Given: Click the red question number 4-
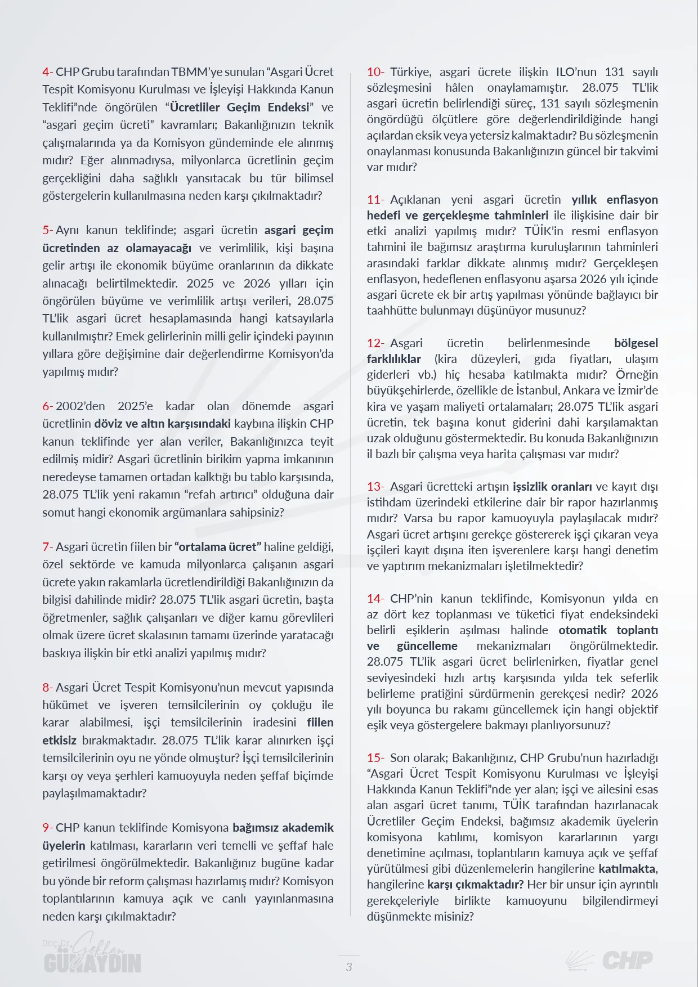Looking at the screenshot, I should click(x=47, y=72).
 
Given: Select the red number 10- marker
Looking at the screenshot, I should click(x=375, y=72).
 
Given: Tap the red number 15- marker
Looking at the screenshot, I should click(x=375, y=758).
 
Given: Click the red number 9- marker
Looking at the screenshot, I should click(x=47, y=828).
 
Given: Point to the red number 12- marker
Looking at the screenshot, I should click(x=375, y=343).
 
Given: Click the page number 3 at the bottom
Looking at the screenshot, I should click(x=349, y=967).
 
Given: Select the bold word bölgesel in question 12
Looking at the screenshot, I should click(x=636, y=343).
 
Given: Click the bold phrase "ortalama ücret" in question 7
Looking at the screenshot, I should click(x=218, y=547).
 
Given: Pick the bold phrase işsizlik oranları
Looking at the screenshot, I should click(x=552, y=487).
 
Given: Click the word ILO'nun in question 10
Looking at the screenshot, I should click(x=576, y=72).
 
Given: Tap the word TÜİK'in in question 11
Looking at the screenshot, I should click(x=544, y=231).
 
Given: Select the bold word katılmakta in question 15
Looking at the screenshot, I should click(x=627, y=869).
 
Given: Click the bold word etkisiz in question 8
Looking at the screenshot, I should click(x=59, y=741).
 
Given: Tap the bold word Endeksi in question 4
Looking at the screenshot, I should click(x=288, y=107).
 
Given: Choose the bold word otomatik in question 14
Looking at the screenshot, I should click(x=583, y=630).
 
